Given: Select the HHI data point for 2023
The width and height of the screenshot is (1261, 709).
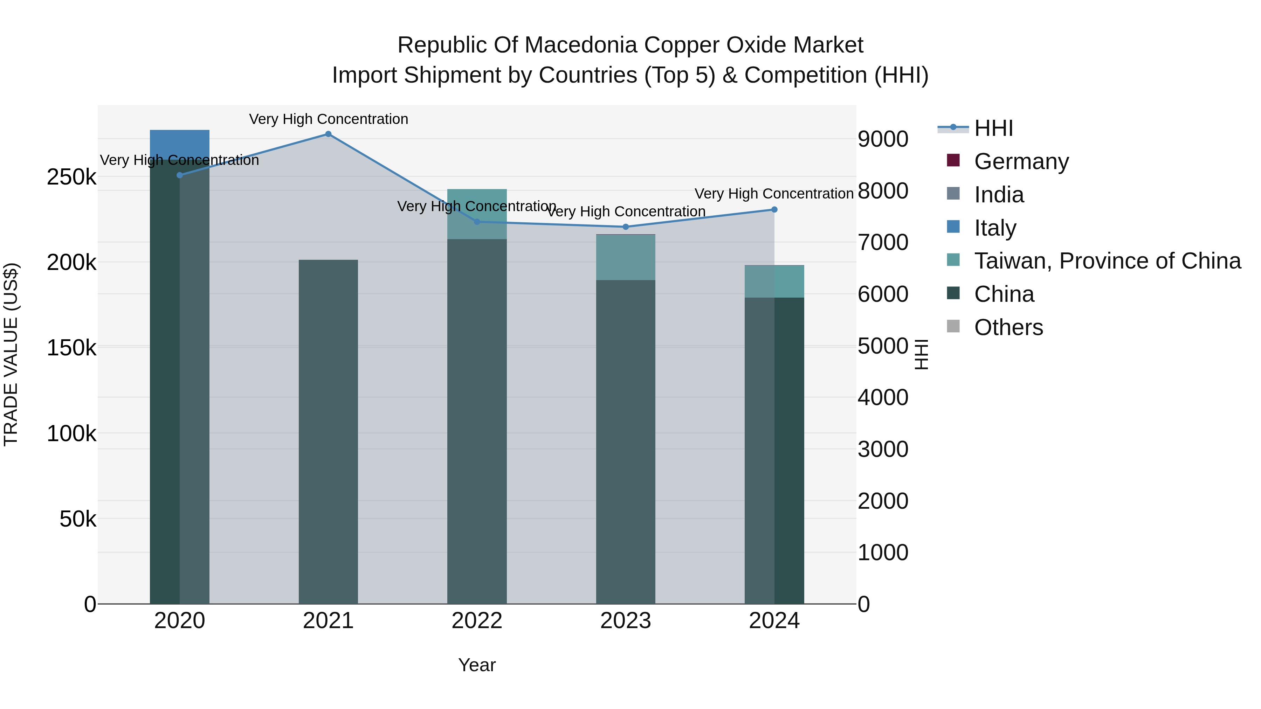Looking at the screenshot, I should [625, 227].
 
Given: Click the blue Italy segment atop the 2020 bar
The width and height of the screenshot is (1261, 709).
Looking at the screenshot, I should [180, 143].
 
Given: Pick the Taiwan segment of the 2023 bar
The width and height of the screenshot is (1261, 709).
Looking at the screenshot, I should [625, 257].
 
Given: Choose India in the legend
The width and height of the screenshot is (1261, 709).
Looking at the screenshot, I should [999, 195].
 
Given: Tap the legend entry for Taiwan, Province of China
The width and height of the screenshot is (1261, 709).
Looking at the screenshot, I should [1107, 261].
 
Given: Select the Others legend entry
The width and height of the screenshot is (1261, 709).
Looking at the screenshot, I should [1008, 327].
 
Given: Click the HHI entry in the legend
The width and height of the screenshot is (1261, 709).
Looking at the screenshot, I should [993, 128].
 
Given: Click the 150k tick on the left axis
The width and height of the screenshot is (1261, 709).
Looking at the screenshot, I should [71, 348].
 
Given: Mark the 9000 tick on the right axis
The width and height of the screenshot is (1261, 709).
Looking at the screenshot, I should [883, 139].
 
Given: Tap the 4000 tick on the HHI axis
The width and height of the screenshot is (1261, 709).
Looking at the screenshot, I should [883, 397].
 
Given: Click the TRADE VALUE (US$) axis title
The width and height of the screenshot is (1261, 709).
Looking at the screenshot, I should [11, 354].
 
